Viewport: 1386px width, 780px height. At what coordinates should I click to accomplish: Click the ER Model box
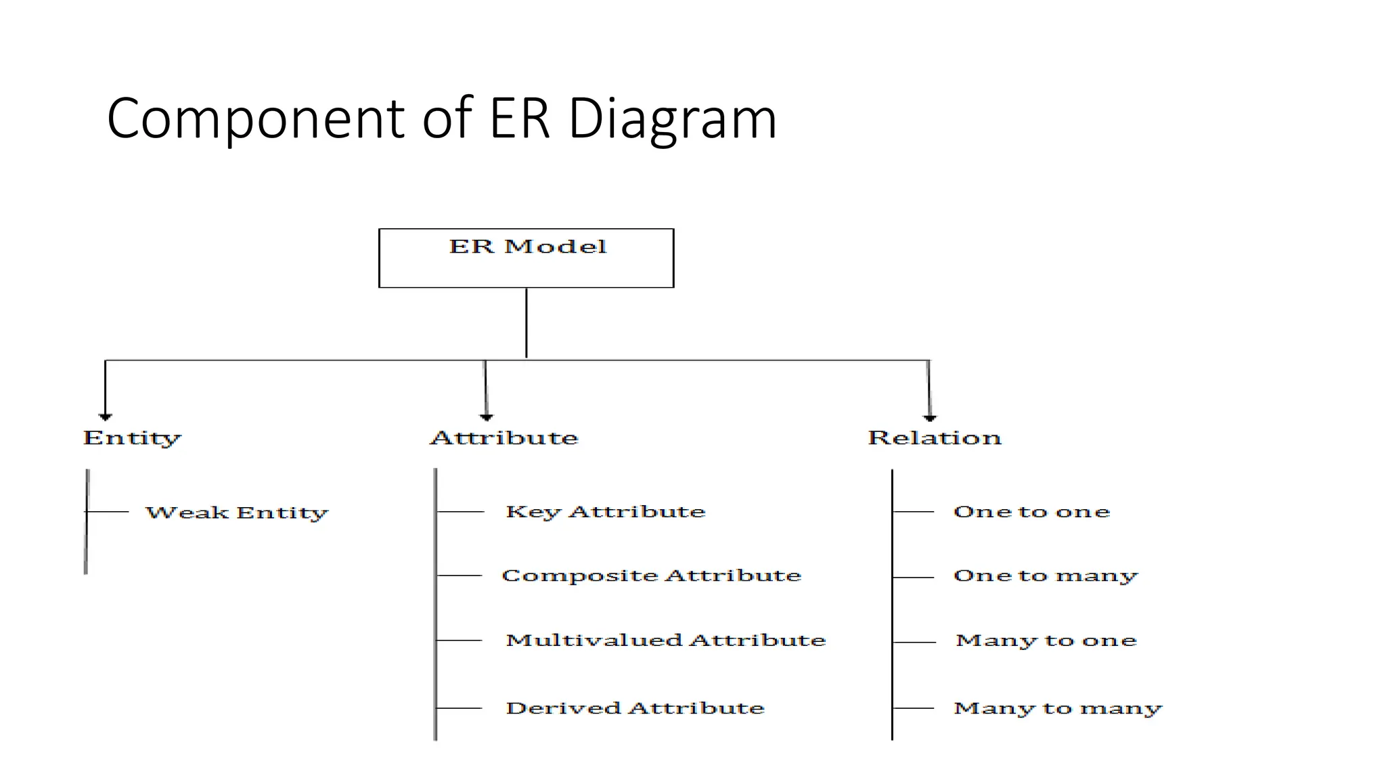(x=526, y=258)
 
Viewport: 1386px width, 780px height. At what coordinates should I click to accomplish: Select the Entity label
(x=132, y=438)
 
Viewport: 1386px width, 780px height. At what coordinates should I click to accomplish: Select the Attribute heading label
(x=504, y=437)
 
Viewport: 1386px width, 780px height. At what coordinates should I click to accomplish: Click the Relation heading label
(x=934, y=437)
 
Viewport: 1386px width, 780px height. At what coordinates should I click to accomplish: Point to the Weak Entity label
(x=237, y=513)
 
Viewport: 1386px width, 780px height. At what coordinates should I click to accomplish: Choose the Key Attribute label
(x=605, y=512)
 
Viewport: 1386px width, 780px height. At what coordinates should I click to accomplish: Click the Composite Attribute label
(x=651, y=576)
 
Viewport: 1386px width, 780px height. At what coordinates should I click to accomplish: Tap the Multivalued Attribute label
(x=665, y=641)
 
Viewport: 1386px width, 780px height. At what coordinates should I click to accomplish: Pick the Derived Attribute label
(x=635, y=708)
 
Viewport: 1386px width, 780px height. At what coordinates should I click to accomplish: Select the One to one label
(x=1031, y=512)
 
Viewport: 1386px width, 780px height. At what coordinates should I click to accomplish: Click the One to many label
(x=1046, y=576)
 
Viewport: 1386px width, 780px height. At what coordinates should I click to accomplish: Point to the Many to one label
(x=1046, y=641)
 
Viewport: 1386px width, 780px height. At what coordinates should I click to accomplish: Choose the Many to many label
(x=1057, y=708)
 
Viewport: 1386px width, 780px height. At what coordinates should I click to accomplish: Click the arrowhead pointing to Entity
(x=105, y=416)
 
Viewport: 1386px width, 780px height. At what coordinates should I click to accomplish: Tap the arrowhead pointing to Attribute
(x=486, y=416)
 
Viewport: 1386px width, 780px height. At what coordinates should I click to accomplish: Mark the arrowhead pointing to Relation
(x=929, y=417)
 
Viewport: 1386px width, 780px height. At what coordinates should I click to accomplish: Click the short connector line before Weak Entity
(x=108, y=512)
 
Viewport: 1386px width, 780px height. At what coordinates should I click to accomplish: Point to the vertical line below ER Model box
(x=526, y=323)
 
